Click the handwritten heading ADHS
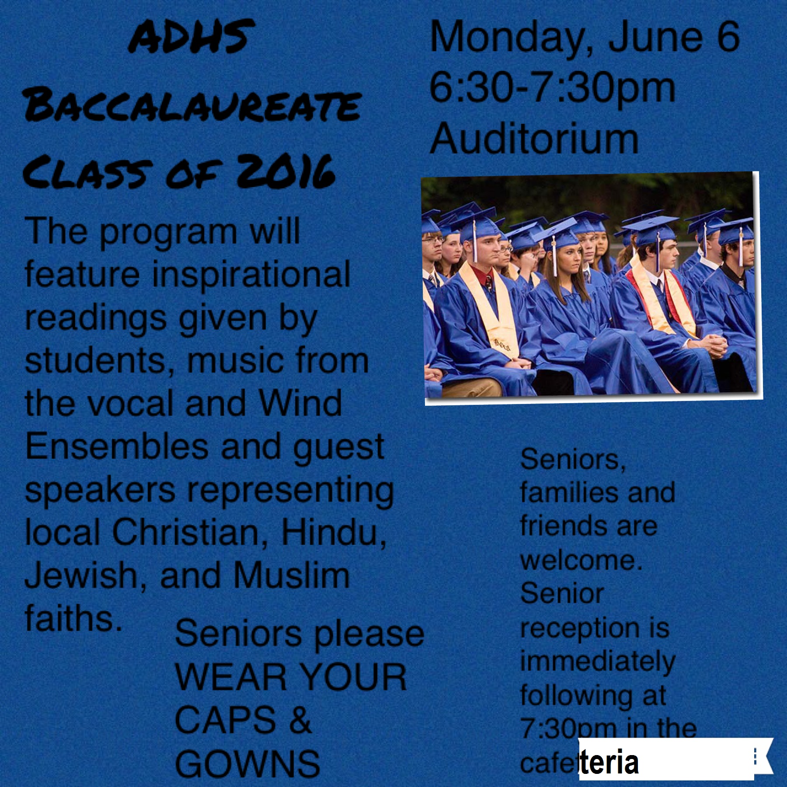[192, 37]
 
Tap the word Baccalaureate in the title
[192, 106]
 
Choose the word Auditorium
[534, 139]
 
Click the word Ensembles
[117, 446]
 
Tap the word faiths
[73, 617]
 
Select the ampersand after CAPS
[300, 720]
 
